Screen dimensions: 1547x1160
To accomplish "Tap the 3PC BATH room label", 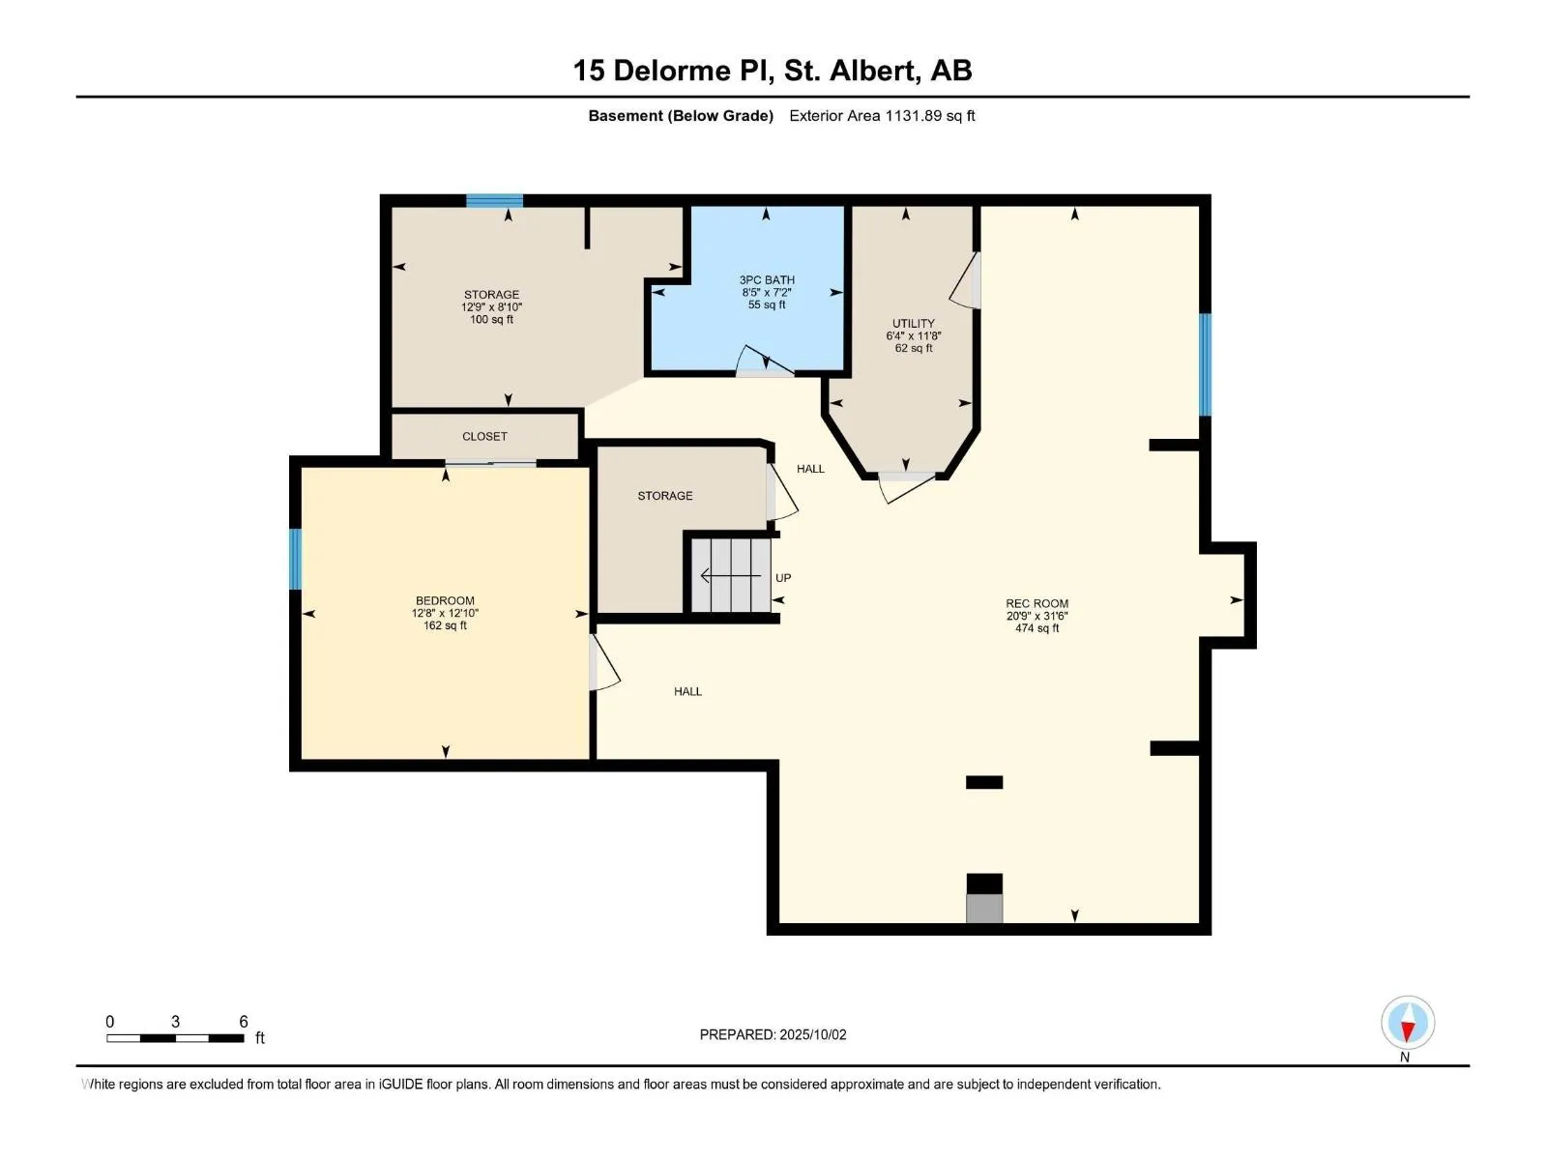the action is coord(767,280).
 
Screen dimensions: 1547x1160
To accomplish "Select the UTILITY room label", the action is coord(914,324).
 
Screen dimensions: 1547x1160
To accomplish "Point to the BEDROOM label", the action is coord(445,600).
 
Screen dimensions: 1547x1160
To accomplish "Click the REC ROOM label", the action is coord(1036,603).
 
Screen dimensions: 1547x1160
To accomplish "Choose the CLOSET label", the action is coord(485,437).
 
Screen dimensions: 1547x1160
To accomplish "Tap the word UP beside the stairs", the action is coord(783,578).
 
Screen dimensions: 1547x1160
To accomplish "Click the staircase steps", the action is coord(731,575).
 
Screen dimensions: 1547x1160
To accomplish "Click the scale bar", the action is coord(176,1038).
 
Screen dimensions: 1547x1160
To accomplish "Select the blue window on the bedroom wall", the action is coord(295,560).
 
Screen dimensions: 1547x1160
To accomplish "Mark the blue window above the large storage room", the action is coord(494,201).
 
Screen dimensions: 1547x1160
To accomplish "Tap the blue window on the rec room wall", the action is coord(1205,364).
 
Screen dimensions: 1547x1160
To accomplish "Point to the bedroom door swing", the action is coord(604,663).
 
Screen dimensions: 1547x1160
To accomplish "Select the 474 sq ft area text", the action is coord(1036,628).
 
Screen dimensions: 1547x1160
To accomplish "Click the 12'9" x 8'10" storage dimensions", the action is coord(491,307).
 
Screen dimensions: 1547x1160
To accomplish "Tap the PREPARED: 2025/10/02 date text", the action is coord(773,1034).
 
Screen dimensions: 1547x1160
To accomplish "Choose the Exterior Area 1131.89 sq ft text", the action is coord(882,116).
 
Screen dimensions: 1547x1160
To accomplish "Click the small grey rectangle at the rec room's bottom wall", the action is coord(984,909).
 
